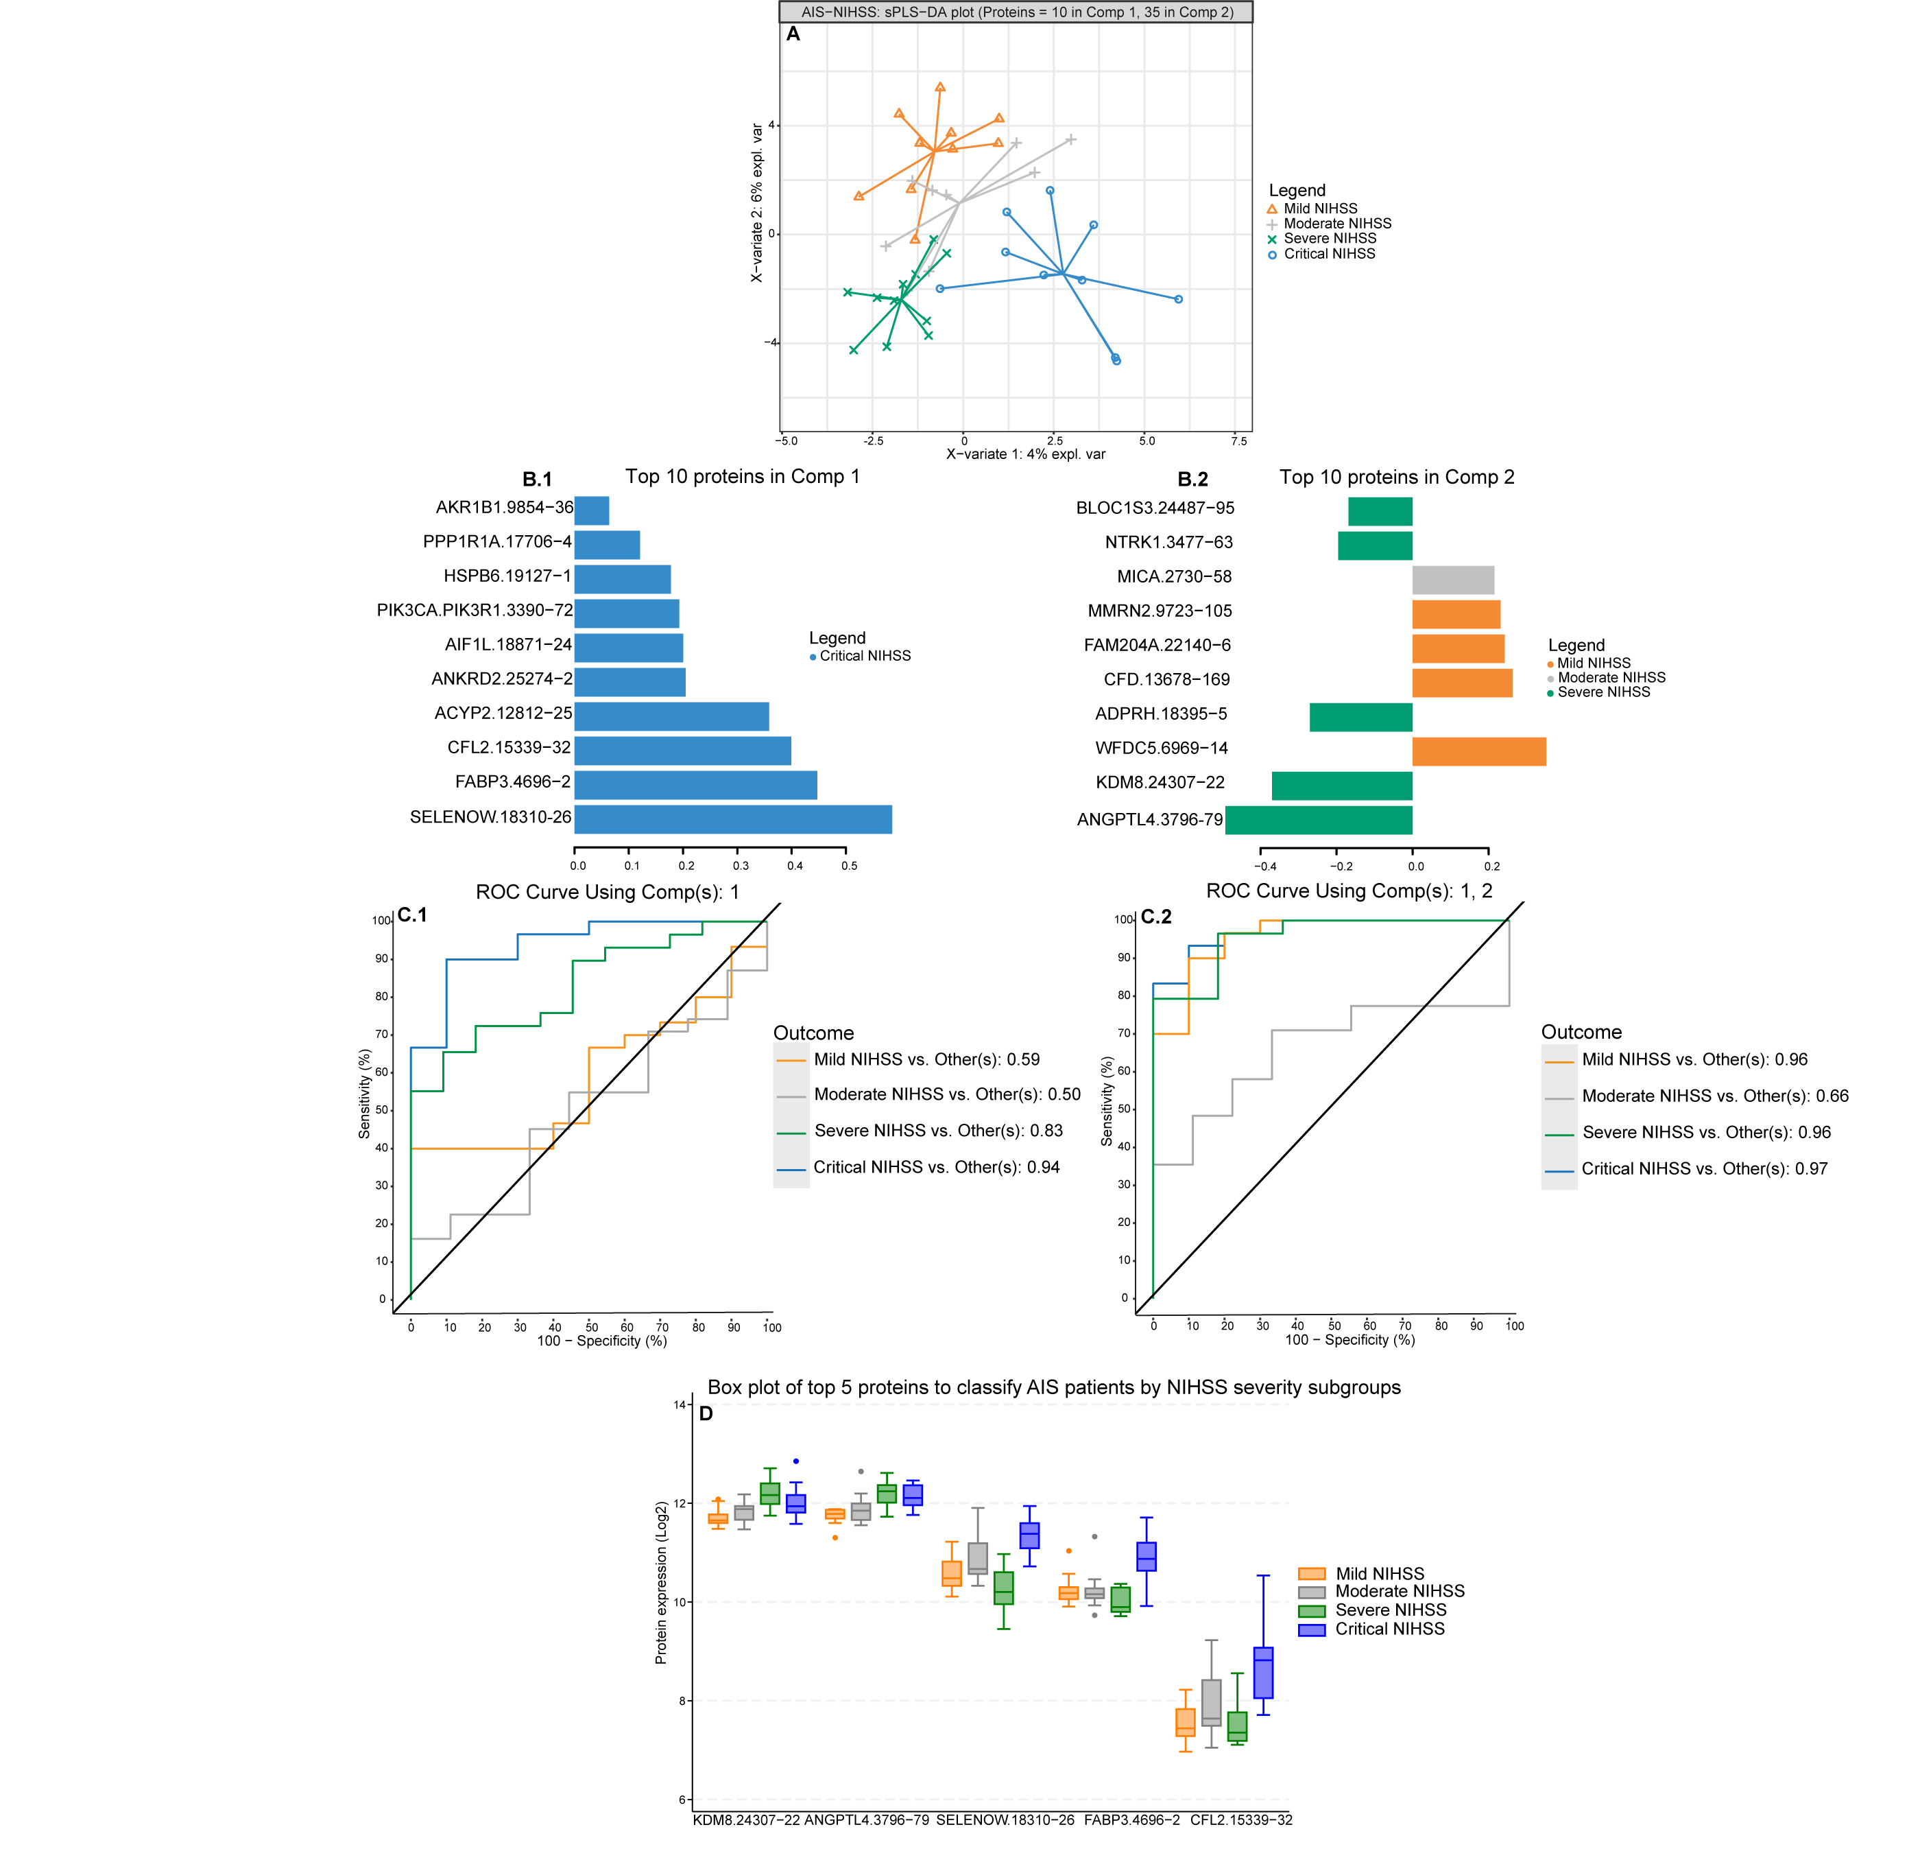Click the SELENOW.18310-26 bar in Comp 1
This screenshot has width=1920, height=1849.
733,819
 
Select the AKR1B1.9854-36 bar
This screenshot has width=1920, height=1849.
592,510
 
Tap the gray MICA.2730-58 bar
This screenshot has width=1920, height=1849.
1453,580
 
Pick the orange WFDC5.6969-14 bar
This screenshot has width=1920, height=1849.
1478,751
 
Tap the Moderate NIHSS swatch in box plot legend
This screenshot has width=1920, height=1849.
1312,1592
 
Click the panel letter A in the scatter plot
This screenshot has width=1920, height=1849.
793,34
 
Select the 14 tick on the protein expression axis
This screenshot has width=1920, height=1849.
680,1404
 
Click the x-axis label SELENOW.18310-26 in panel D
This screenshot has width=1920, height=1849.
1005,1821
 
